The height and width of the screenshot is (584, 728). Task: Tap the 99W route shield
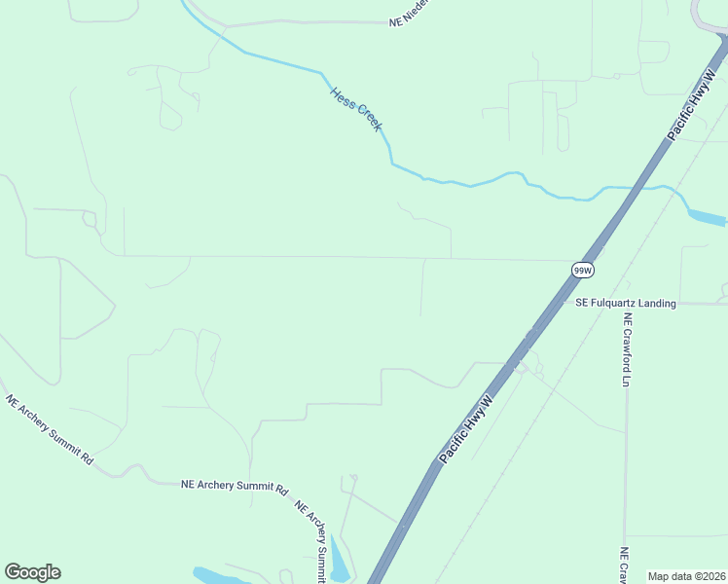[x=582, y=270]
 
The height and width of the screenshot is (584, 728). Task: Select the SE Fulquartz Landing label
[x=625, y=304]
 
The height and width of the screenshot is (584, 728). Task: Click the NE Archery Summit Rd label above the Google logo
[x=49, y=429]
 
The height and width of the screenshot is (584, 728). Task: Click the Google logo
[x=32, y=572]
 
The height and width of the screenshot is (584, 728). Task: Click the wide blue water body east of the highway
[x=706, y=216]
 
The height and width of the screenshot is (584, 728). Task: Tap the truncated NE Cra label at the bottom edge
[x=624, y=565]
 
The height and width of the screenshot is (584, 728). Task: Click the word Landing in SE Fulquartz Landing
[x=652, y=304]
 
